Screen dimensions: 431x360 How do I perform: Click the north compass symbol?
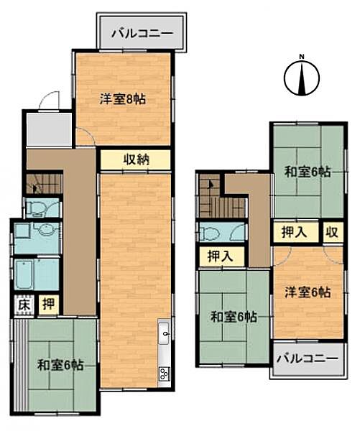(x=303, y=78)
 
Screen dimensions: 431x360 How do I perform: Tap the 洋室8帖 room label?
(x=123, y=100)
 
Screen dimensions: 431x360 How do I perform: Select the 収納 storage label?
(x=135, y=159)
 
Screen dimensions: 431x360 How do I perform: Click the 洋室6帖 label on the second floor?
(x=308, y=292)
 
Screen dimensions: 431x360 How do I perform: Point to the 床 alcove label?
(x=24, y=305)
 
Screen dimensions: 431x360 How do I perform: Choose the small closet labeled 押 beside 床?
(x=47, y=305)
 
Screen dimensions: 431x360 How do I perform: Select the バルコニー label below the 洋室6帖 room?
(x=306, y=358)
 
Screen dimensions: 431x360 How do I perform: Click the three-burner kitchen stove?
(x=164, y=373)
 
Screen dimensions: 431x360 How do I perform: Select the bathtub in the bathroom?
(x=37, y=274)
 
